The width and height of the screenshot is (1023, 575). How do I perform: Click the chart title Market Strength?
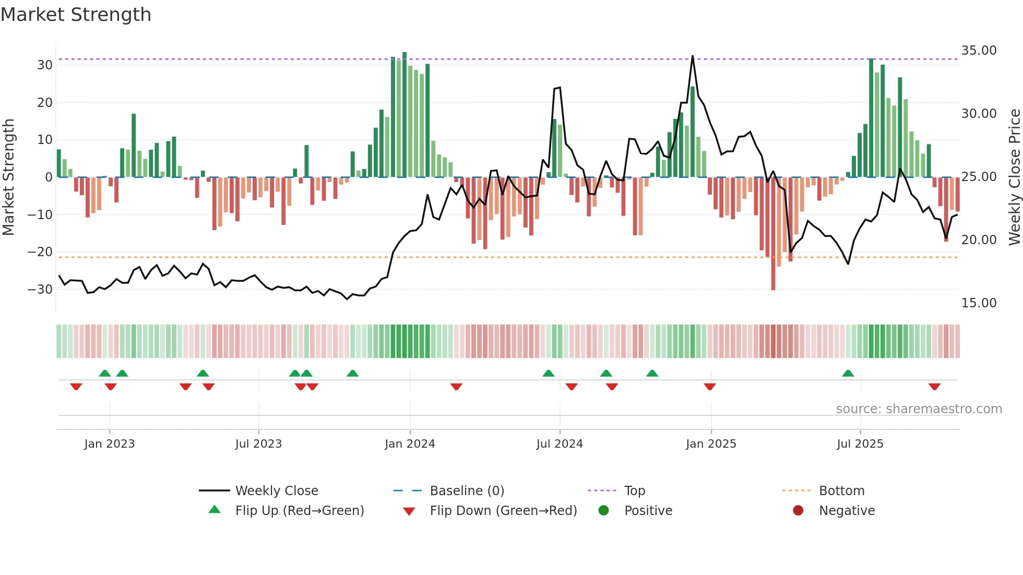tap(76, 15)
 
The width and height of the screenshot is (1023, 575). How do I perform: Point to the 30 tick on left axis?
tap(44, 65)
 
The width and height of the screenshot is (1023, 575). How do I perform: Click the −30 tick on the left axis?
tap(40, 289)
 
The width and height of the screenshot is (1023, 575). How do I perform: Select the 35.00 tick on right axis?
tap(979, 51)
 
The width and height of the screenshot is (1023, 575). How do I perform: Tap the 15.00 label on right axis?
tap(979, 303)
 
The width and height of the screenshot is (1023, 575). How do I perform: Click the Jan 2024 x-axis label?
tap(410, 444)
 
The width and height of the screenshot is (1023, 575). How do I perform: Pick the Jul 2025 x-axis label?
tap(860, 444)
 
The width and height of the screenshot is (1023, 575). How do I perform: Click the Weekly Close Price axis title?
tap(1014, 177)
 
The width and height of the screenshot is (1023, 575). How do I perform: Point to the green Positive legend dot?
tap(603, 510)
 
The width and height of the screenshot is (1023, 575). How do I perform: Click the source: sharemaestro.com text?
tap(919, 409)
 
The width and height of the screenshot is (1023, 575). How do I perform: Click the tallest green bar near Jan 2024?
tap(405, 115)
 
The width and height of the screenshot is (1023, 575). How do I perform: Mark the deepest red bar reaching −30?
tap(773, 235)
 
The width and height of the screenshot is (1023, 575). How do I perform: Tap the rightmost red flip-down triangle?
tap(934, 387)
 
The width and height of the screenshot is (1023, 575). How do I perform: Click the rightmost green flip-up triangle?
tap(848, 373)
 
